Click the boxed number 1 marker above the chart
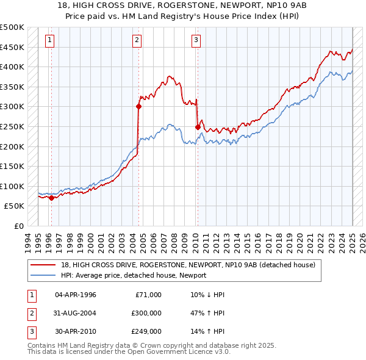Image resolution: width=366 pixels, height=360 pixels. [49, 41]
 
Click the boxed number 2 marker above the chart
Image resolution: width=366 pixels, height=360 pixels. [137, 41]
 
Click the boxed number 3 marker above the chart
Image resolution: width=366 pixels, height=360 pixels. [196, 41]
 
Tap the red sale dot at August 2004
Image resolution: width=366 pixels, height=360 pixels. [138, 106]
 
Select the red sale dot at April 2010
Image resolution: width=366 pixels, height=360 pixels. [198, 127]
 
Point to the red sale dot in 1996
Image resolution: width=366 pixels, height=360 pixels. [51, 198]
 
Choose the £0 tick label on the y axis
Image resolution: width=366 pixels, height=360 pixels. [20, 226]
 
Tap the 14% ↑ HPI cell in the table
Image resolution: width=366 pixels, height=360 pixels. [207, 331]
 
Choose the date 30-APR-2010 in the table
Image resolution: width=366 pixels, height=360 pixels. [75, 331]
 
